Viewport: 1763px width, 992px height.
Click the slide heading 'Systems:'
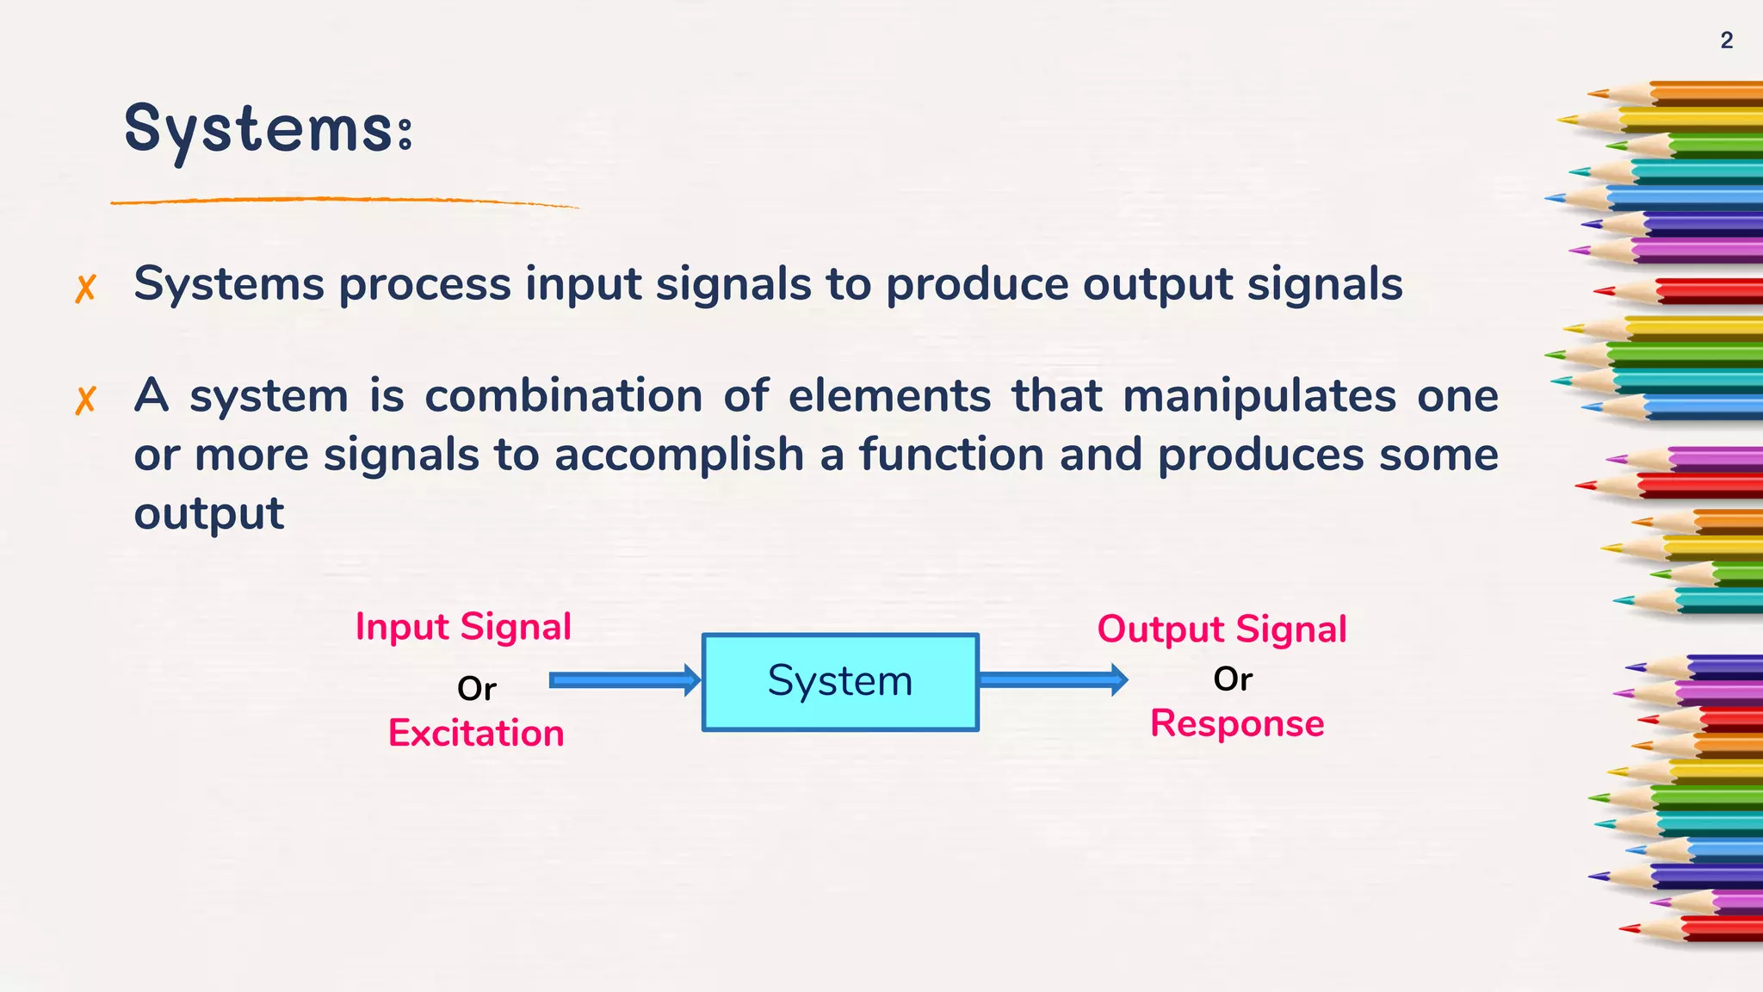pos(269,129)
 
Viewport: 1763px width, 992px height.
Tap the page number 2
pos(1726,40)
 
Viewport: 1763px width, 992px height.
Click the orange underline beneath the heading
pos(344,201)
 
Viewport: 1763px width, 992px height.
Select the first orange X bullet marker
pos(85,288)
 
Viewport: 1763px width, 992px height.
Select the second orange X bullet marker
pos(85,400)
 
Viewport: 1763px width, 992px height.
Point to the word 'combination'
pos(564,397)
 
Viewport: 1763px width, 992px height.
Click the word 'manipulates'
pos(1259,397)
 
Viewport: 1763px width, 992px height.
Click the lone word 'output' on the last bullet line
pos(208,514)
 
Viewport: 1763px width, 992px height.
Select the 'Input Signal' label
pos(463,627)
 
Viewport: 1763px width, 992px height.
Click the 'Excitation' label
pos(476,734)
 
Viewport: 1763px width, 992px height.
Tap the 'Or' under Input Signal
pos(476,689)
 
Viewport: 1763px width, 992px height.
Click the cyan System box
pos(840,682)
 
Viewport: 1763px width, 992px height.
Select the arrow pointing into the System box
pos(624,680)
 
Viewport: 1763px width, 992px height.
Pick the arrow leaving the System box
pos(1052,680)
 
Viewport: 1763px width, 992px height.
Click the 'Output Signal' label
pos(1222,629)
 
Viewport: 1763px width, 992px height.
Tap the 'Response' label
pos(1237,724)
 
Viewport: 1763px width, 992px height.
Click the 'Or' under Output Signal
pos(1233,679)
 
